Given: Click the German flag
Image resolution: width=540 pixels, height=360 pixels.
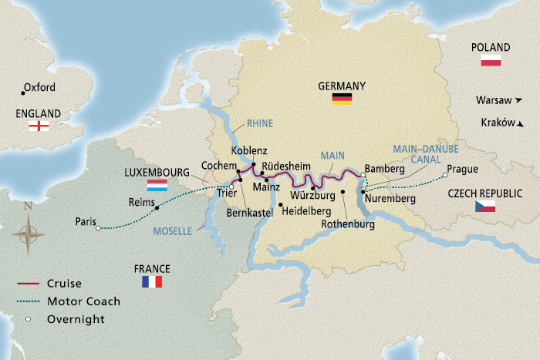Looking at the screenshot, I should point(342,99).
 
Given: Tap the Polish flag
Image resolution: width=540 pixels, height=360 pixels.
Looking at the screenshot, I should point(491,61).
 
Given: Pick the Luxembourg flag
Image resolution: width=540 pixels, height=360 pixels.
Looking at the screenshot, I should point(157,186).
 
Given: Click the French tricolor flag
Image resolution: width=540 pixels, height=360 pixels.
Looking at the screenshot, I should point(152,281).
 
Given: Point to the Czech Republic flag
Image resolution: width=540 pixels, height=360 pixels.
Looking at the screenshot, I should point(484,207).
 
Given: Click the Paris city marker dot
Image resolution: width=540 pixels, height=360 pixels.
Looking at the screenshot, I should point(98,227).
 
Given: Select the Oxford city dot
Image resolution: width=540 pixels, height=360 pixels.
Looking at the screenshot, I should point(22,93).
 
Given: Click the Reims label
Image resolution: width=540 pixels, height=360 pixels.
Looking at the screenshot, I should point(141,203).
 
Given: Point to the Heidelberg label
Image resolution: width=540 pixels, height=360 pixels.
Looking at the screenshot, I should point(309,210).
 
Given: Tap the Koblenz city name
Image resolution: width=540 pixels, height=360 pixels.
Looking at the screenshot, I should point(249,151).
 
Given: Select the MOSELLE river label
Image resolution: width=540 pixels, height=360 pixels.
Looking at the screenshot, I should point(171,230).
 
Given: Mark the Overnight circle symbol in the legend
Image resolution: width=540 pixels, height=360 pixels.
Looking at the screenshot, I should point(27,317).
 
